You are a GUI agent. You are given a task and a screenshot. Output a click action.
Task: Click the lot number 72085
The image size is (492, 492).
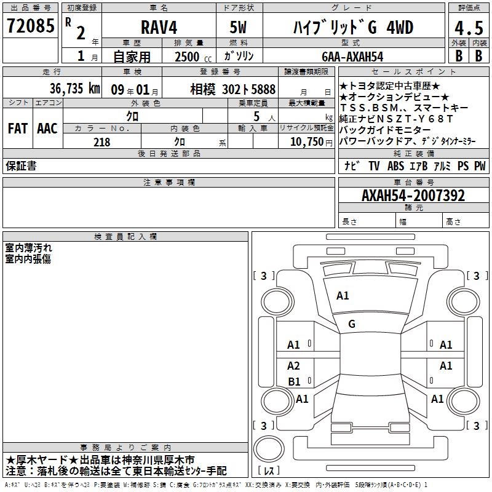30,26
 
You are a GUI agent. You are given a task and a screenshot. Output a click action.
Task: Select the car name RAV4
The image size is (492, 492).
159,27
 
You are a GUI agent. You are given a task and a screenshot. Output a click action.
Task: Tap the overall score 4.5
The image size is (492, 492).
469,28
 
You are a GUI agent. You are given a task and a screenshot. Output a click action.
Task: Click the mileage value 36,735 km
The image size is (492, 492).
74,89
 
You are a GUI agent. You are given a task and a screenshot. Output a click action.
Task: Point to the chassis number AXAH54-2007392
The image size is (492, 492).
413,196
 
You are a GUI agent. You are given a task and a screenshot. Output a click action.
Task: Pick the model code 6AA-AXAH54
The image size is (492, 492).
352,57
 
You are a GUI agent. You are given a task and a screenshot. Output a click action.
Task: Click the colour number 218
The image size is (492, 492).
101,142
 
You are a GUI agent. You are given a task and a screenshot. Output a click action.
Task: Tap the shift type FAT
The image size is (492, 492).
18,129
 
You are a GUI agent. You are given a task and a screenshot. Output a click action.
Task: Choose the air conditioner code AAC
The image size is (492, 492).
47,129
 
